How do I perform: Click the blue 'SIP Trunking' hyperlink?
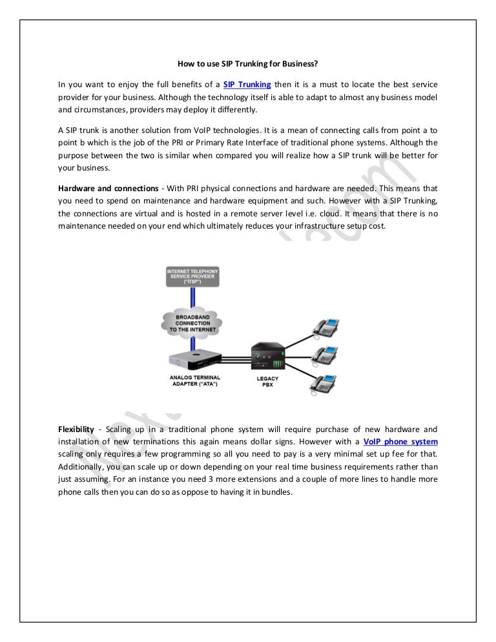point(247,85)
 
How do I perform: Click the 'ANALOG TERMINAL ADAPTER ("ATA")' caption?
point(192,381)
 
